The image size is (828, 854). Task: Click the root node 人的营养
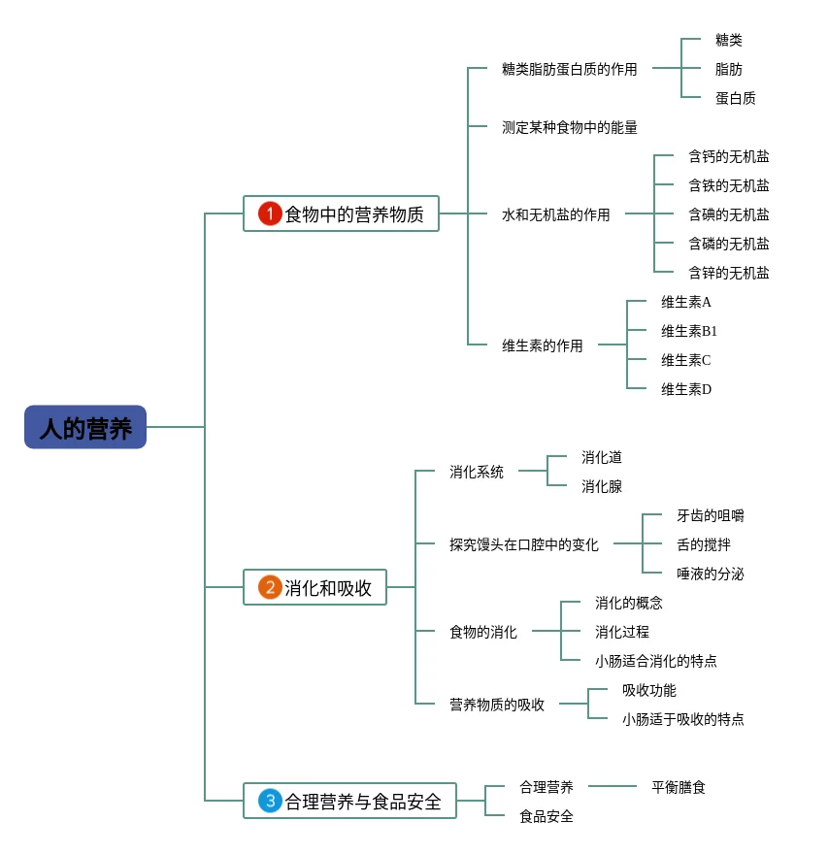pyautogui.click(x=85, y=427)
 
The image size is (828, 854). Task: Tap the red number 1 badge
pyautogui.click(x=269, y=213)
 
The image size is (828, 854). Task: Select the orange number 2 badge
pyautogui.click(x=269, y=587)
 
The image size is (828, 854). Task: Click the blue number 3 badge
pyautogui.click(x=269, y=801)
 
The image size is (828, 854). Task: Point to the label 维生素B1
pyautogui.click(x=689, y=331)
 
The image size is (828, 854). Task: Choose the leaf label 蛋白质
pyautogui.click(x=735, y=98)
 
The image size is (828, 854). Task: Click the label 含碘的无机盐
pyautogui.click(x=728, y=214)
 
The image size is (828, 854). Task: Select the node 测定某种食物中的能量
pyautogui.click(x=569, y=127)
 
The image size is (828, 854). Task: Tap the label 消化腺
pyautogui.click(x=601, y=486)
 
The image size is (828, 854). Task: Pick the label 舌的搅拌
pyautogui.click(x=703, y=544)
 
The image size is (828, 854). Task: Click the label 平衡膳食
pyautogui.click(x=678, y=787)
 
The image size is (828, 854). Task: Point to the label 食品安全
pyautogui.click(x=546, y=816)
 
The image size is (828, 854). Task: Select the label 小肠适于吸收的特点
pyautogui.click(x=682, y=719)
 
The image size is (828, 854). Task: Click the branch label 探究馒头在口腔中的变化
pyautogui.click(x=523, y=544)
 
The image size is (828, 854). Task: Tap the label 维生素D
pyautogui.click(x=686, y=389)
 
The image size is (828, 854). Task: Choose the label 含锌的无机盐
pyautogui.click(x=728, y=273)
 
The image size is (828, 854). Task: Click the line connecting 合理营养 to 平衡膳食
pyautogui.click(x=612, y=786)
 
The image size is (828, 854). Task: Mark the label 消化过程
pyautogui.click(x=621, y=632)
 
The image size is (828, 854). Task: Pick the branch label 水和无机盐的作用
pyautogui.click(x=555, y=214)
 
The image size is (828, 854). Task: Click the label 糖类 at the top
pyautogui.click(x=728, y=40)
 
